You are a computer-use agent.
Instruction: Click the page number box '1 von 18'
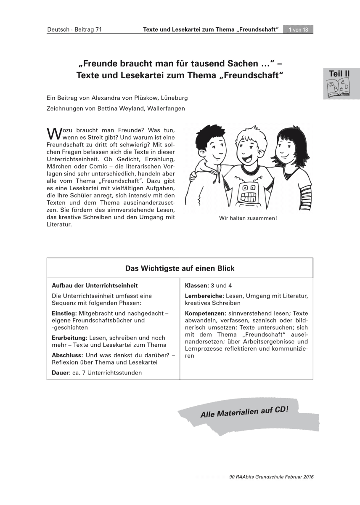(x=298, y=29)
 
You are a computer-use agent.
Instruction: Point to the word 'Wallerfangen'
(x=167, y=108)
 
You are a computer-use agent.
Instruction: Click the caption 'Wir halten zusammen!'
(x=248, y=218)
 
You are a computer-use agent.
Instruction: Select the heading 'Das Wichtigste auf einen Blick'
(x=180, y=268)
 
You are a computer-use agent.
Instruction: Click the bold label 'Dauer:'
(x=61, y=373)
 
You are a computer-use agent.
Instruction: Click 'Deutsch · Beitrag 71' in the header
(x=74, y=29)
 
